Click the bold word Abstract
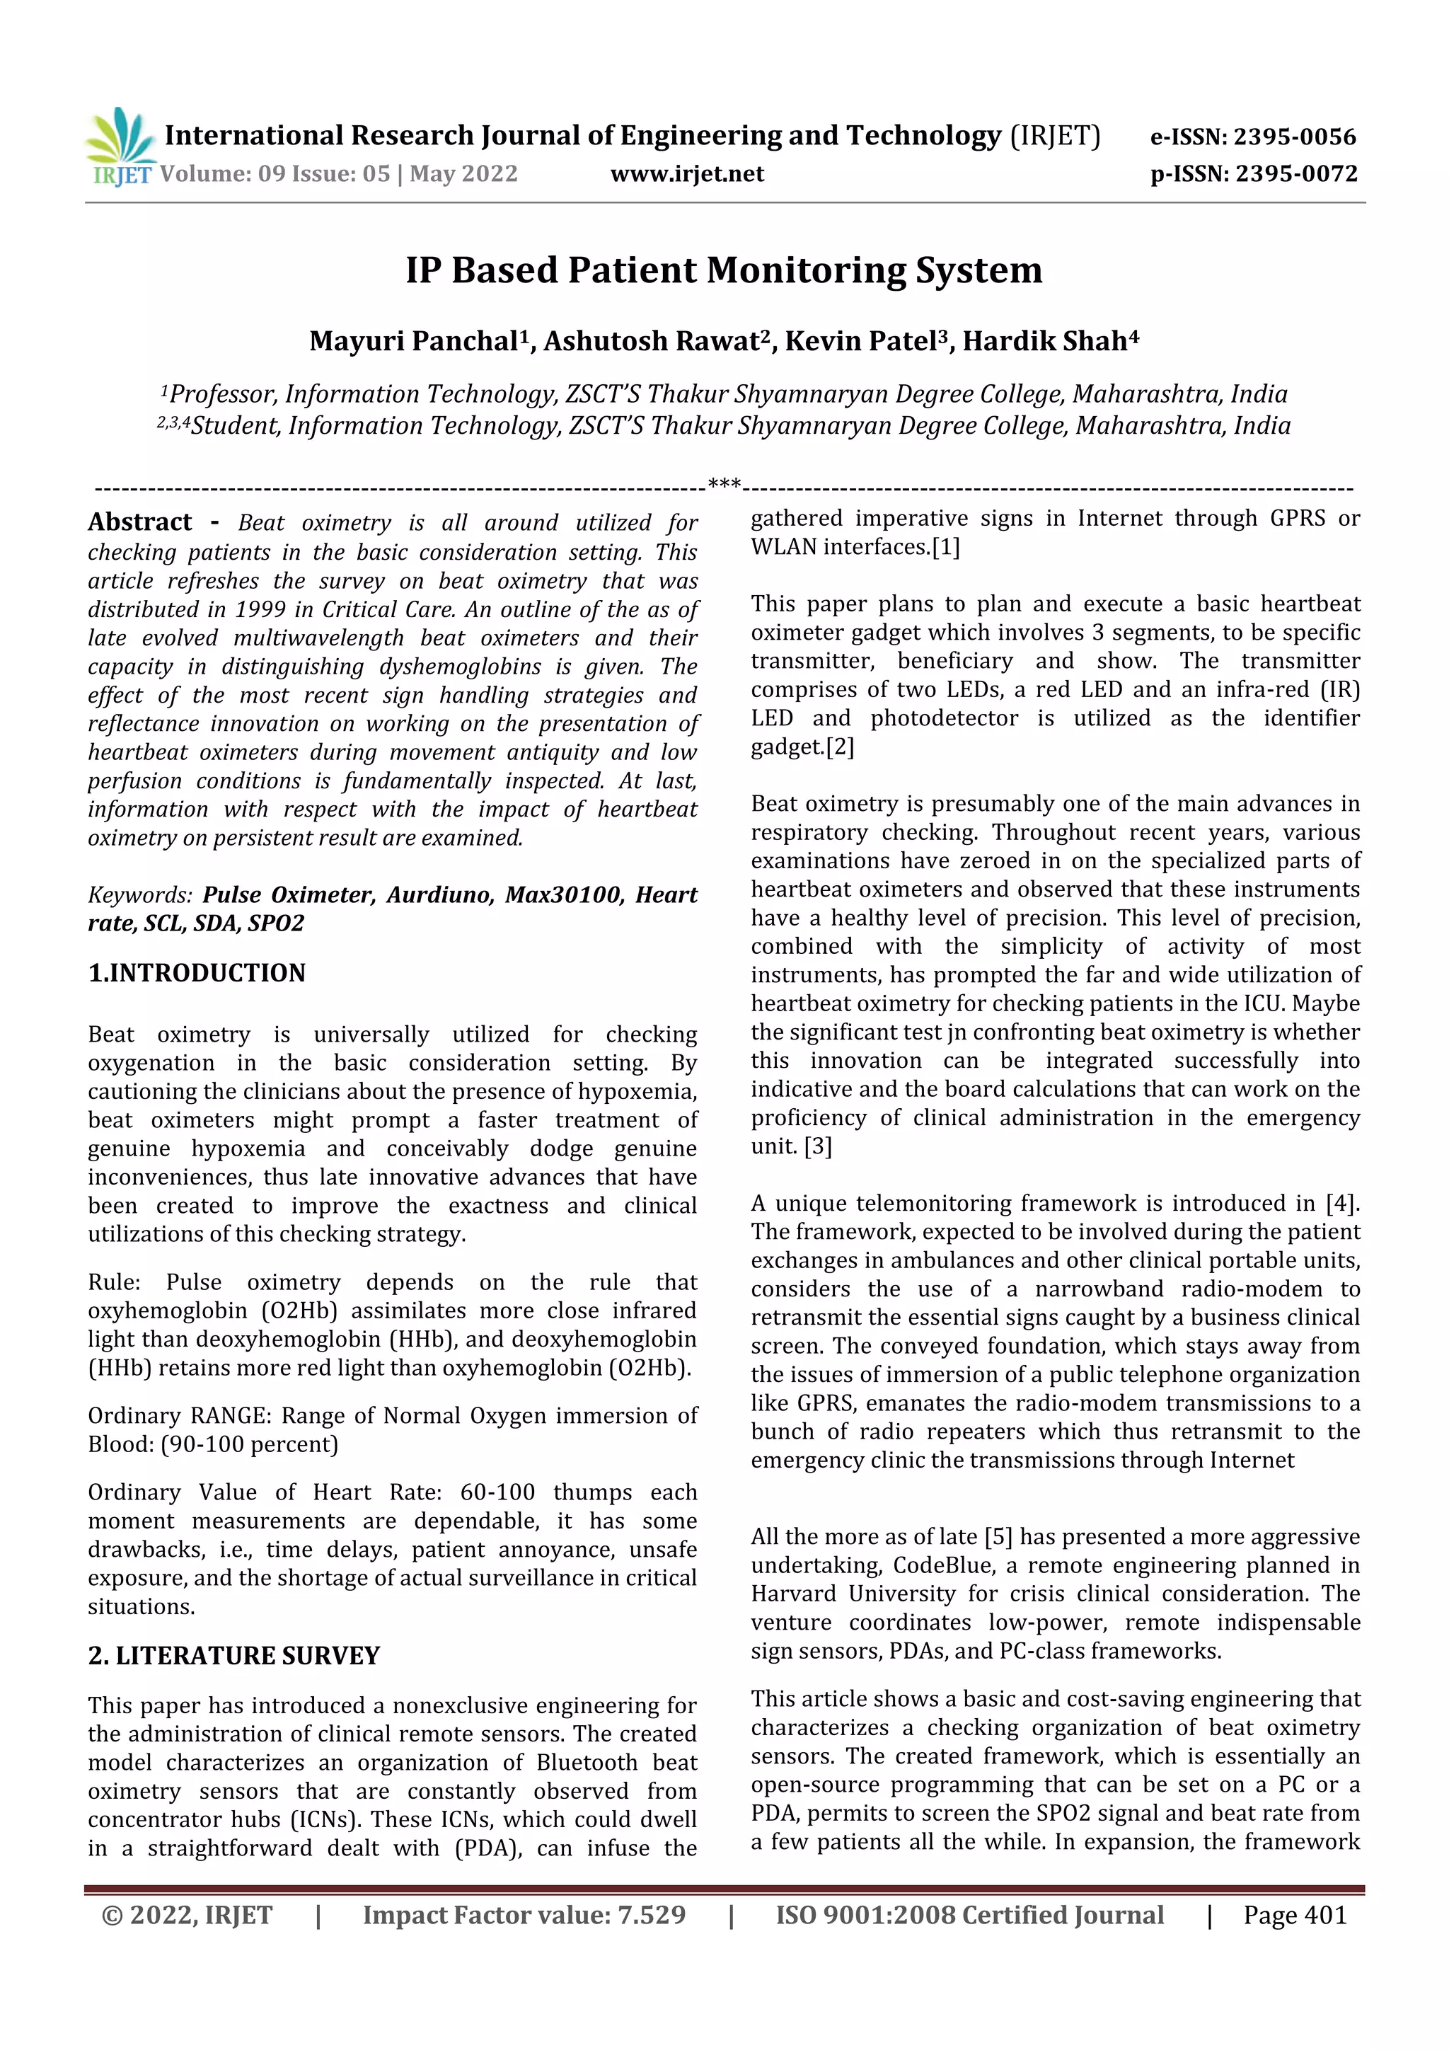click(x=140, y=522)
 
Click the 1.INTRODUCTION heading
click(x=197, y=972)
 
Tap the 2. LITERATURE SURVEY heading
click(x=234, y=1655)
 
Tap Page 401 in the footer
click(x=1295, y=1915)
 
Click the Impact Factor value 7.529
click(x=652, y=1915)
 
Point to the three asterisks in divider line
click(x=723, y=485)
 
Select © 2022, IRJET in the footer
click(x=187, y=1915)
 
